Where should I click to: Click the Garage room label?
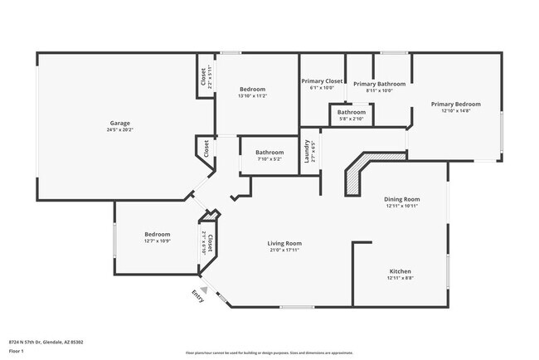pos(119,123)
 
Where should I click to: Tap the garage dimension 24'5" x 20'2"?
pos(119,129)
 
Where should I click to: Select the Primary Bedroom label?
pos(455,104)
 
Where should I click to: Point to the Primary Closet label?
pos(322,80)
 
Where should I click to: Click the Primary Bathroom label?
pos(379,84)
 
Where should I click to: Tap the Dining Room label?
pos(402,199)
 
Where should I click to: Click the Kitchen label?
pos(401,271)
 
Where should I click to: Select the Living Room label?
pos(283,243)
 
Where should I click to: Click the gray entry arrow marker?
pos(203,289)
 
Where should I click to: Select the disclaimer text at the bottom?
pos(269,353)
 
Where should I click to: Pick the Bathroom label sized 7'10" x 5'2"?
pos(269,152)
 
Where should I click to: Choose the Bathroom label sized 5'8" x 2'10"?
pos(352,112)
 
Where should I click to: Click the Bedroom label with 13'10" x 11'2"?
pos(252,89)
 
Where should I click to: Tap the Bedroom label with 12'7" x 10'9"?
pos(157,234)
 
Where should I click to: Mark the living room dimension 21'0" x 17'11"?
pos(283,250)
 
